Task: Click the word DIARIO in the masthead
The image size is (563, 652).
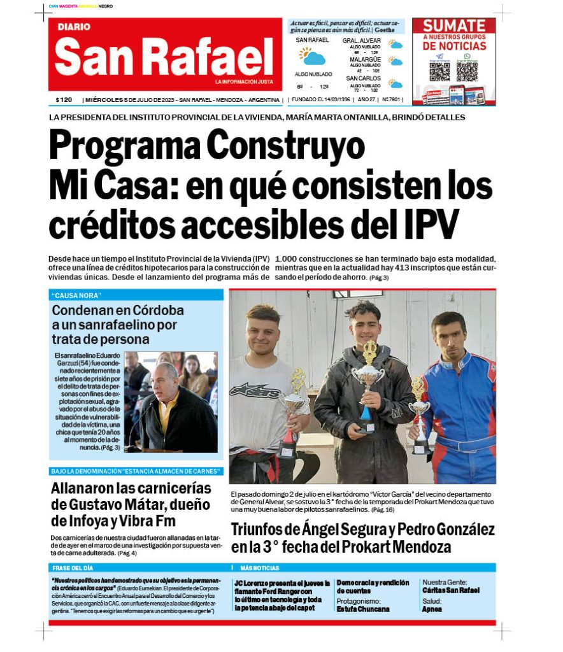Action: click(x=74, y=27)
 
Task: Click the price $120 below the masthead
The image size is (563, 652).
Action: click(x=64, y=100)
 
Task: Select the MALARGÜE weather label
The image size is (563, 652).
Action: click(x=365, y=59)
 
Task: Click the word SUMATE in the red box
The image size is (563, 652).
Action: click(x=454, y=26)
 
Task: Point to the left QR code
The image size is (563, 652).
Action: click(x=439, y=71)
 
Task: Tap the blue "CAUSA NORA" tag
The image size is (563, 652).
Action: click(x=78, y=295)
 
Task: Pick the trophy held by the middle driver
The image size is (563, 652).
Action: click(x=369, y=376)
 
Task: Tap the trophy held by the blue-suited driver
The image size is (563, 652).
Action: click(x=419, y=414)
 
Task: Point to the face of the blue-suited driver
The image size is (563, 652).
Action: click(x=448, y=334)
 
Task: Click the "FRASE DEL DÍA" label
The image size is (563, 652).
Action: click(x=73, y=567)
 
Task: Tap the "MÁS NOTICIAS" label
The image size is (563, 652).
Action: click(x=259, y=567)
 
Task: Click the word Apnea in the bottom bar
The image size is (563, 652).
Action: click(x=432, y=609)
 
